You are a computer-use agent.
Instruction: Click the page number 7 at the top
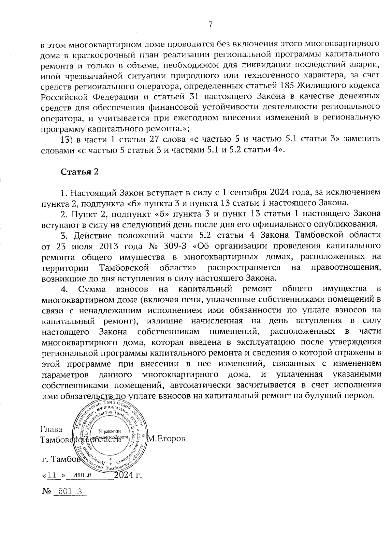pos(210,24)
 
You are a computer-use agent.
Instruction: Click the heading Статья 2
pos(80,172)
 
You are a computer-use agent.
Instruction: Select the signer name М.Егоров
pos(167,439)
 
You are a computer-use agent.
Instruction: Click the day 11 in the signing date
pos(52,475)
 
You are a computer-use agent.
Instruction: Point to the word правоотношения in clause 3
pos(345,267)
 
